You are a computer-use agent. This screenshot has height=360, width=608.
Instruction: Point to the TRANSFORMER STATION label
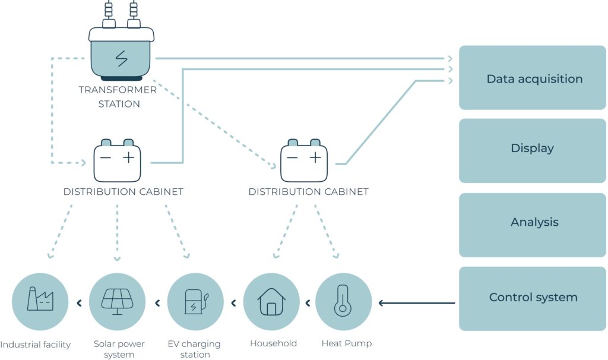pos(118,97)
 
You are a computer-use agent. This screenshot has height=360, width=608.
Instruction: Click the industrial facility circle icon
pos(40,302)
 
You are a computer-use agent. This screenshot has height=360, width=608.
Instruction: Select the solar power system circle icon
pos(117,302)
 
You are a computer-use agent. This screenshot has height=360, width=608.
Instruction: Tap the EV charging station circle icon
pos(195,302)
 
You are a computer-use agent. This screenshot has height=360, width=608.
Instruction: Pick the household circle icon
pos(271,302)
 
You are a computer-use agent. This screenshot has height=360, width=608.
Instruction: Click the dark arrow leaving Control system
pos(416,304)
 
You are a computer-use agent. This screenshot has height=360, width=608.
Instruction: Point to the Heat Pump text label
pos(347,343)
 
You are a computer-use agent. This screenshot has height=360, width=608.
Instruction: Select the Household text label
pos(273,343)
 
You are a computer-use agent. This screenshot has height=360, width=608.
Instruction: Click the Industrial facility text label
pos(36,345)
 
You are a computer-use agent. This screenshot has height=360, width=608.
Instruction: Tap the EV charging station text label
pos(195,349)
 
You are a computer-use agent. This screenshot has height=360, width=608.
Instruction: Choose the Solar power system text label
pos(119,349)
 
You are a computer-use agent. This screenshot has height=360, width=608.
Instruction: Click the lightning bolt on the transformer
pos(121,59)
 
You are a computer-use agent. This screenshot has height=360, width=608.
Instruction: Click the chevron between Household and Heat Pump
pos(308,304)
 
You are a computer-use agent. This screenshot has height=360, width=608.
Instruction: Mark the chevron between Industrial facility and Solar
pos(79,304)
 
